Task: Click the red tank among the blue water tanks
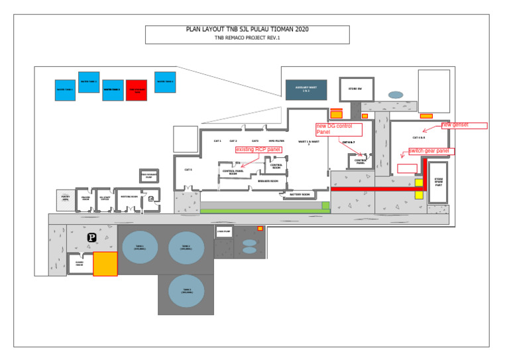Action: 136,90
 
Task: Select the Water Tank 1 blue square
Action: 65,90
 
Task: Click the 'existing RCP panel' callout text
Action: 258,150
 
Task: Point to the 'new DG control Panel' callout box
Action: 338,129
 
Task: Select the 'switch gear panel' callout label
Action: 431,151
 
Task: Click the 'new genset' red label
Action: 464,125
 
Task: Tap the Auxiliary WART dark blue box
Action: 306,90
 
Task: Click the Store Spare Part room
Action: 438,182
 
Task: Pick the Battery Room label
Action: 300,194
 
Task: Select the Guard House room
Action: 80,264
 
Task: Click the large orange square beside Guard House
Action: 105,263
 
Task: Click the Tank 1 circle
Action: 139,247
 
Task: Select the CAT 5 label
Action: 188,170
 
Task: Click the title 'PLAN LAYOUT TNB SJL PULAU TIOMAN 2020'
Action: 247,30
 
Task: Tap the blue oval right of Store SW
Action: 396,95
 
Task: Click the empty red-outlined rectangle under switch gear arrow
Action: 407,169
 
